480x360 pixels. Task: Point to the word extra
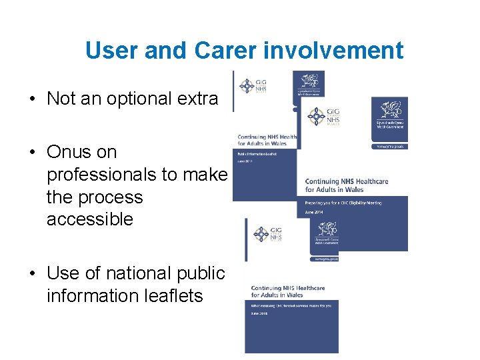199,99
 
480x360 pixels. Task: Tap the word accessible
90,219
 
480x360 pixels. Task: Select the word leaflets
167,295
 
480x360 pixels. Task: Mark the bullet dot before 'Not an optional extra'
32,99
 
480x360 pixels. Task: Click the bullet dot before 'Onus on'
32,153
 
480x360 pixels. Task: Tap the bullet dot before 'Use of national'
32,274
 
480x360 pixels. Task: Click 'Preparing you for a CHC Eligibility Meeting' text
343,203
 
